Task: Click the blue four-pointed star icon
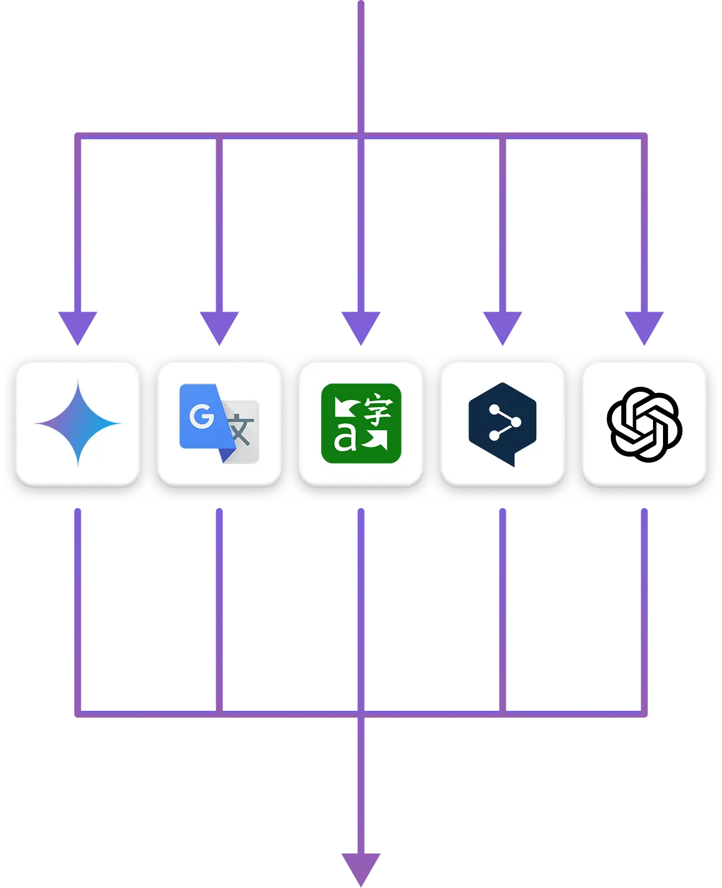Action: pos(78,424)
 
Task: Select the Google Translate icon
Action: pos(219,424)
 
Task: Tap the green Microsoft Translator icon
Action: pos(361,424)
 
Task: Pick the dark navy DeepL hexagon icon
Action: pos(502,424)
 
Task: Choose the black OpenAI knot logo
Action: pos(644,424)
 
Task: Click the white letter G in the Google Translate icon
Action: pos(201,416)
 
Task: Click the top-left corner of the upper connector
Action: pos(79,135)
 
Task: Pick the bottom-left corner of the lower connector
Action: pos(79,713)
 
